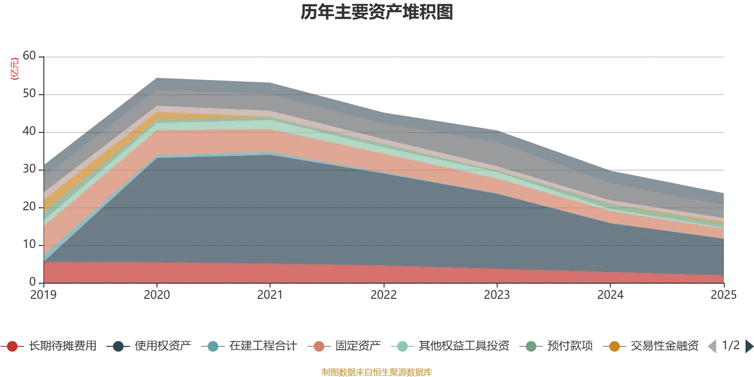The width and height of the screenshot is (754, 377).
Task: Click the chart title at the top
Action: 377,13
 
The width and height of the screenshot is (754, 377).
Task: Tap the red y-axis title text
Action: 14,69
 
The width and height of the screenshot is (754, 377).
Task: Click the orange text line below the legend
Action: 377,372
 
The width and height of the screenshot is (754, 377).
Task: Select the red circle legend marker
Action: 13,346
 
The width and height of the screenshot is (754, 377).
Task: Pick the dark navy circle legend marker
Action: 119,346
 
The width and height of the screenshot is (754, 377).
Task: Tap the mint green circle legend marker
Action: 402,346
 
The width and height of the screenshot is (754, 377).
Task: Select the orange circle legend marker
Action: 614,346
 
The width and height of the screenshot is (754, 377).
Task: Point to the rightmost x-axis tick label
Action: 723,294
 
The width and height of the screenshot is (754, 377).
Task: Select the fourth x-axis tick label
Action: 384,294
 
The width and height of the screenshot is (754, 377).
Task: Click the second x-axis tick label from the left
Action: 157,294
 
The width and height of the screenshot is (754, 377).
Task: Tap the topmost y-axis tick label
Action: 29,56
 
